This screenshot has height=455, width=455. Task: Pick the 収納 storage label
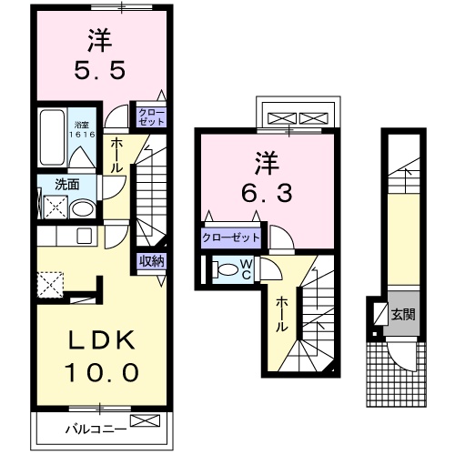[x=152, y=262]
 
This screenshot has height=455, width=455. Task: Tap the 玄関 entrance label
[x=402, y=315]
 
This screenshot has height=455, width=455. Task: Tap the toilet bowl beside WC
[x=223, y=269]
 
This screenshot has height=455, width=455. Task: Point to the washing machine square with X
[x=54, y=207]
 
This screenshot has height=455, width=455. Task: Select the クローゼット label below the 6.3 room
[x=231, y=238]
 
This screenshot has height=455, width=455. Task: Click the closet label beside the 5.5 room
[x=150, y=116]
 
